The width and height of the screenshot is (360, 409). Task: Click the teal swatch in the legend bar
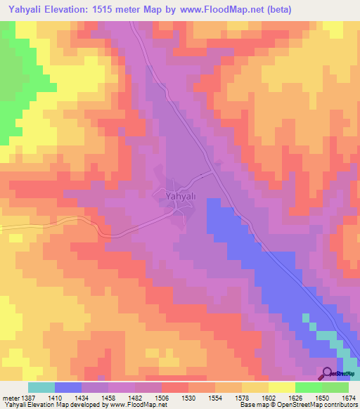click(41, 387)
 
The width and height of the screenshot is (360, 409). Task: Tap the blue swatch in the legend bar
click(67, 387)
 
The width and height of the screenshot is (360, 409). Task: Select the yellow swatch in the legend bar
click(281, 387)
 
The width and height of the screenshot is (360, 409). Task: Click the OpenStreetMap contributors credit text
click(309, 405)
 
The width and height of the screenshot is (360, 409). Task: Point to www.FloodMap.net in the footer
click(139, 405)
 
